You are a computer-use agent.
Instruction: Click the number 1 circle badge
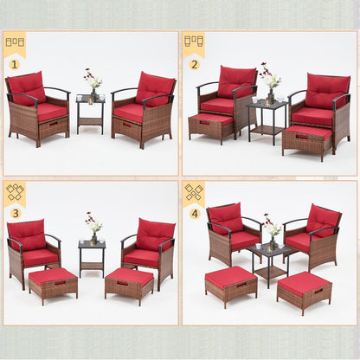(x=14, y=64)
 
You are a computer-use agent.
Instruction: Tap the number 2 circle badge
(x=194, y=64)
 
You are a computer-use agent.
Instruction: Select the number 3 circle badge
(x=14, y=213)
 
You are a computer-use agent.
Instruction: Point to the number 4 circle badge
(x=194, y=213)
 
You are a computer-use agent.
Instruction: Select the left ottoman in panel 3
(x=53, y=284)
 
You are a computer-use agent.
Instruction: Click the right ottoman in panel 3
(x=129, y=284)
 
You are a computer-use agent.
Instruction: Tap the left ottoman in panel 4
(x=230, y=286)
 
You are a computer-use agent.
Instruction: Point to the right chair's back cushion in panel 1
(x=154, y=88)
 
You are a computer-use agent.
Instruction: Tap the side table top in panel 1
(x=90, y=99)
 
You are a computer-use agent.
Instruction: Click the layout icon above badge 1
(x=15, y=42)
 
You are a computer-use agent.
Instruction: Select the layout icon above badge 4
(x=194, y=192)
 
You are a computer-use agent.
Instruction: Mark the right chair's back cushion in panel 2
(x=327, y=91)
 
